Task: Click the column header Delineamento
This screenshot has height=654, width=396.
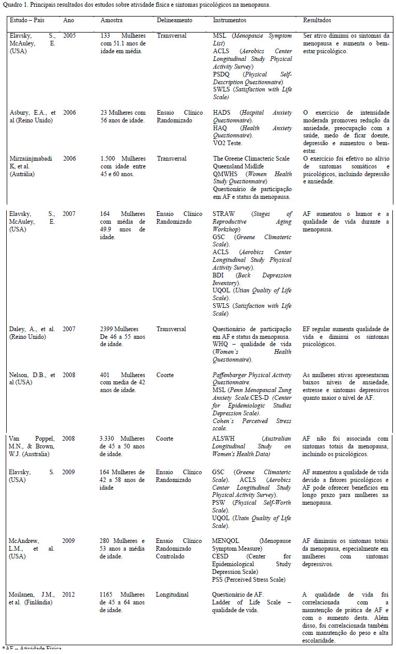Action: [174, 20]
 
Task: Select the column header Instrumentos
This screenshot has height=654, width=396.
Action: [230, 20]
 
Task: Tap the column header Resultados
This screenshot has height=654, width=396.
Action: [317, 20]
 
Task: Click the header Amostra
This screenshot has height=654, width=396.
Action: [112, 20]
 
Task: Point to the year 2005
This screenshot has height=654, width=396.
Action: [69, 36]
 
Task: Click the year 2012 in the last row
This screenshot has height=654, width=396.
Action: [69, 595]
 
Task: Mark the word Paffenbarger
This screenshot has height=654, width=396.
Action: [233, 375]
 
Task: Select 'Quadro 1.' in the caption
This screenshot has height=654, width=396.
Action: [14, 5]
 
